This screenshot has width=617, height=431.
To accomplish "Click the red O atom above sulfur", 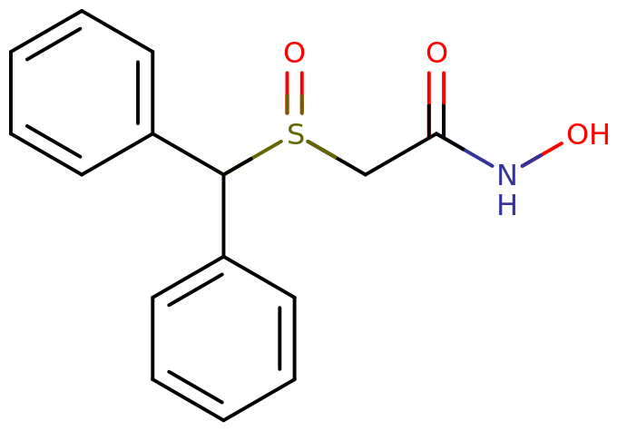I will [x=294, y=53].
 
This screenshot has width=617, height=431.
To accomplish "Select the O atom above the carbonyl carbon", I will [x=436, y=53].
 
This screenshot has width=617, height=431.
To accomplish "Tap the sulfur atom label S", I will [x=294, y=134].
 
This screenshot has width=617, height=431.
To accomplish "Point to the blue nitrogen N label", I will [x=506, y=174].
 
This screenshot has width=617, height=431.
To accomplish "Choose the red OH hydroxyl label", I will [x=587, y=134].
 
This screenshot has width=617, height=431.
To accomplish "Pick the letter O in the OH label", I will [x=578, y=134].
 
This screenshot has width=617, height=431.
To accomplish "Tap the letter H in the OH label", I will [x=598, y=134].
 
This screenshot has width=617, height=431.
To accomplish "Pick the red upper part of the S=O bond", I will [x=294, y=82].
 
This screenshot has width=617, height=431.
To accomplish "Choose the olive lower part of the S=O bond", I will [x=294, y=107].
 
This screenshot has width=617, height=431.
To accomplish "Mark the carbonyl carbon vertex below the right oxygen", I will [x=436, y=136].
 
